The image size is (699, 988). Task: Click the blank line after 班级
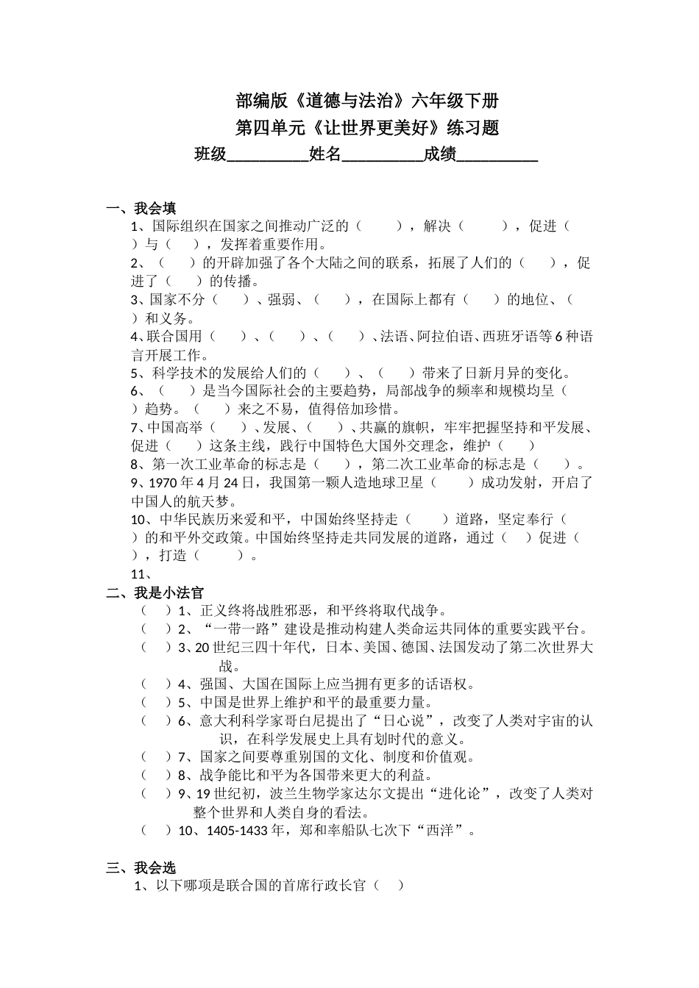[x=268, y=155]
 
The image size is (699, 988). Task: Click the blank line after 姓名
[x=383, y=155]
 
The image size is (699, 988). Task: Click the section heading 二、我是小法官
[x=155, y=593]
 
